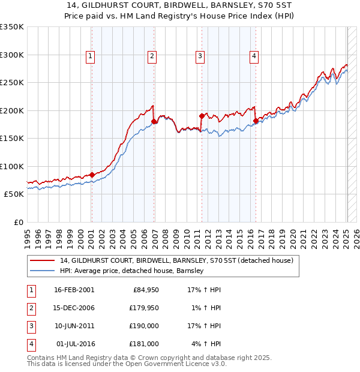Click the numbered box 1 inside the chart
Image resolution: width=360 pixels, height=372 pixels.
tap(90, 56)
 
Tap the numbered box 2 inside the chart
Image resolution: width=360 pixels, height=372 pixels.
tap(152, 56)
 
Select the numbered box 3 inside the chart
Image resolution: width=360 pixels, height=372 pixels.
tap(199, 56)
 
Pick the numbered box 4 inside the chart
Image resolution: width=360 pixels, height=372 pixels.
tap(254, 56)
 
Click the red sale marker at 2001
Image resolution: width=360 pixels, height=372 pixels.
tap(92, 175)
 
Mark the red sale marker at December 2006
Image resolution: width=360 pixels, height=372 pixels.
tap(154, 122)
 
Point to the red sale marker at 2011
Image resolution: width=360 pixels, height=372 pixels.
tap(201, 116)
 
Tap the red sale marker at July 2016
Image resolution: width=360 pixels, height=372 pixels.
tap(256, 121)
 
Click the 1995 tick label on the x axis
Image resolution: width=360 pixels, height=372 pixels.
tap(27, 238)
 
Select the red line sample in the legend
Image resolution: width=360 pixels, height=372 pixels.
tap(42, 260)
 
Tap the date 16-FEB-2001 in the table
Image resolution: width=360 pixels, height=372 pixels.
tap(74, 290)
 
